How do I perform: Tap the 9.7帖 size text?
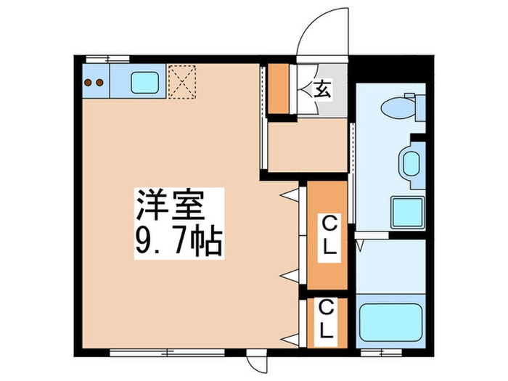pos(178,241)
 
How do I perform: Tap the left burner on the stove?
pos(89,82)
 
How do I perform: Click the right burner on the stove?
pos(99,82)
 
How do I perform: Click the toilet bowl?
pos(397,109)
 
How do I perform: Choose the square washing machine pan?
pos(406,212)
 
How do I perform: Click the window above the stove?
pos(107,58)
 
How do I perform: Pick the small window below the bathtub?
pos(381,353)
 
